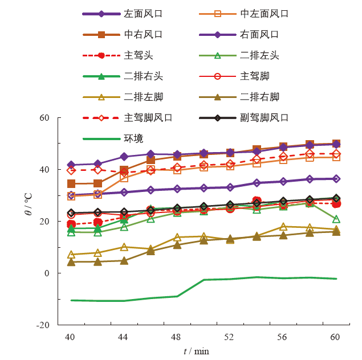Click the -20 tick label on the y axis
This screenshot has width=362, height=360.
point(43,325)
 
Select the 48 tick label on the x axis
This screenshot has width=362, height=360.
point(176,337)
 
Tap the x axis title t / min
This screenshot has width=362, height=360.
point(196,351)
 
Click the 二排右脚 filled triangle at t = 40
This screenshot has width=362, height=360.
point(71,261)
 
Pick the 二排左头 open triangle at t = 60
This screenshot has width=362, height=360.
point(336,219)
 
